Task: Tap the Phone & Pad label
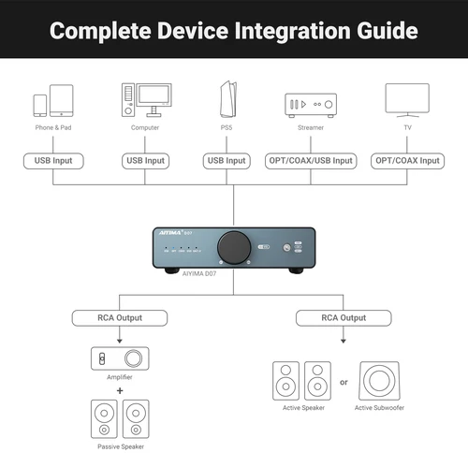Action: pyautogui.click(x=53, y=126)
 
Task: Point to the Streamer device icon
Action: pyautogui.click(x=309, y=104)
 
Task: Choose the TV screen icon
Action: pyautogui.click(x=407, y=100)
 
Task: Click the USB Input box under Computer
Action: pyautogui.click(x=145, y=161)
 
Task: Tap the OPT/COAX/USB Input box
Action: pyautogui.click(x=311, y=161)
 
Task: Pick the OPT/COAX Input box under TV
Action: pyautogui.click(x=407, y=161)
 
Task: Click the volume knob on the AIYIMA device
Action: pyautogui.click(x=229, y=247)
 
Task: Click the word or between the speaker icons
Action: pyautogui.click(x=344, y=382)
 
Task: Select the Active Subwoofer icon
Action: pyautogui.click(x=381, y=382)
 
